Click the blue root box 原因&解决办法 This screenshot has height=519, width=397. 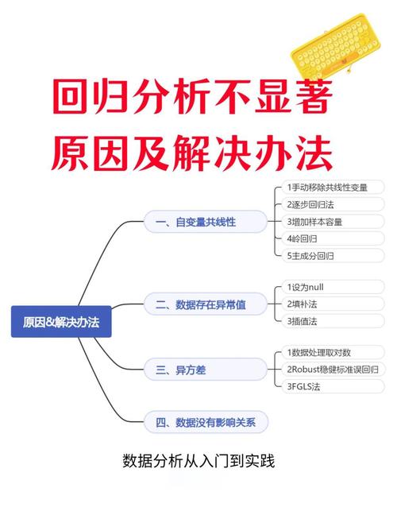click(x=61, y=322)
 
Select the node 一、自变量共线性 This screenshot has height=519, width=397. click(x=206, y=222)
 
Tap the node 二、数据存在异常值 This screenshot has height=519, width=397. click(x=206, y=304)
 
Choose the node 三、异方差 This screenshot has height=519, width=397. click(x=206, y=369)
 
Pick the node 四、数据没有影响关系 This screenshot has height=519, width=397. click(x=206, y=422)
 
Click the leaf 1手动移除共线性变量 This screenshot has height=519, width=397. click(x=333, y=188)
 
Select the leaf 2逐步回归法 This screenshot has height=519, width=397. click(x=333, y=204)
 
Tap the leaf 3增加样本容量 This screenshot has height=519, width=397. click(x=333, y=222)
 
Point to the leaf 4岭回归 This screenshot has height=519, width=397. click(x=333, y=238)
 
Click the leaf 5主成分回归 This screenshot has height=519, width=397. click(x=333, y=256)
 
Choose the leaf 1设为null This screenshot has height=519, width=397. click(x=333, y=287)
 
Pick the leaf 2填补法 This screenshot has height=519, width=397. click(x=333, y=304)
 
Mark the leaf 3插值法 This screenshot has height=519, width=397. click(x=333, y=321)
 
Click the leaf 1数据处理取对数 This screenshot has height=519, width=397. click(x=333, y=352)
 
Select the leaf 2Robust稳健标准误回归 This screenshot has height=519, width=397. click(x=333, y=369)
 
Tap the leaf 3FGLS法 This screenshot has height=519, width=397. click(x=333, y=386)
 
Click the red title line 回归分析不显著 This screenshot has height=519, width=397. click(x=192, y=96)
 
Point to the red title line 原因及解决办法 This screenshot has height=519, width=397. click(x=191, y=153)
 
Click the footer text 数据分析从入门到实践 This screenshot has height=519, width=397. click(x=198, y=461)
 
